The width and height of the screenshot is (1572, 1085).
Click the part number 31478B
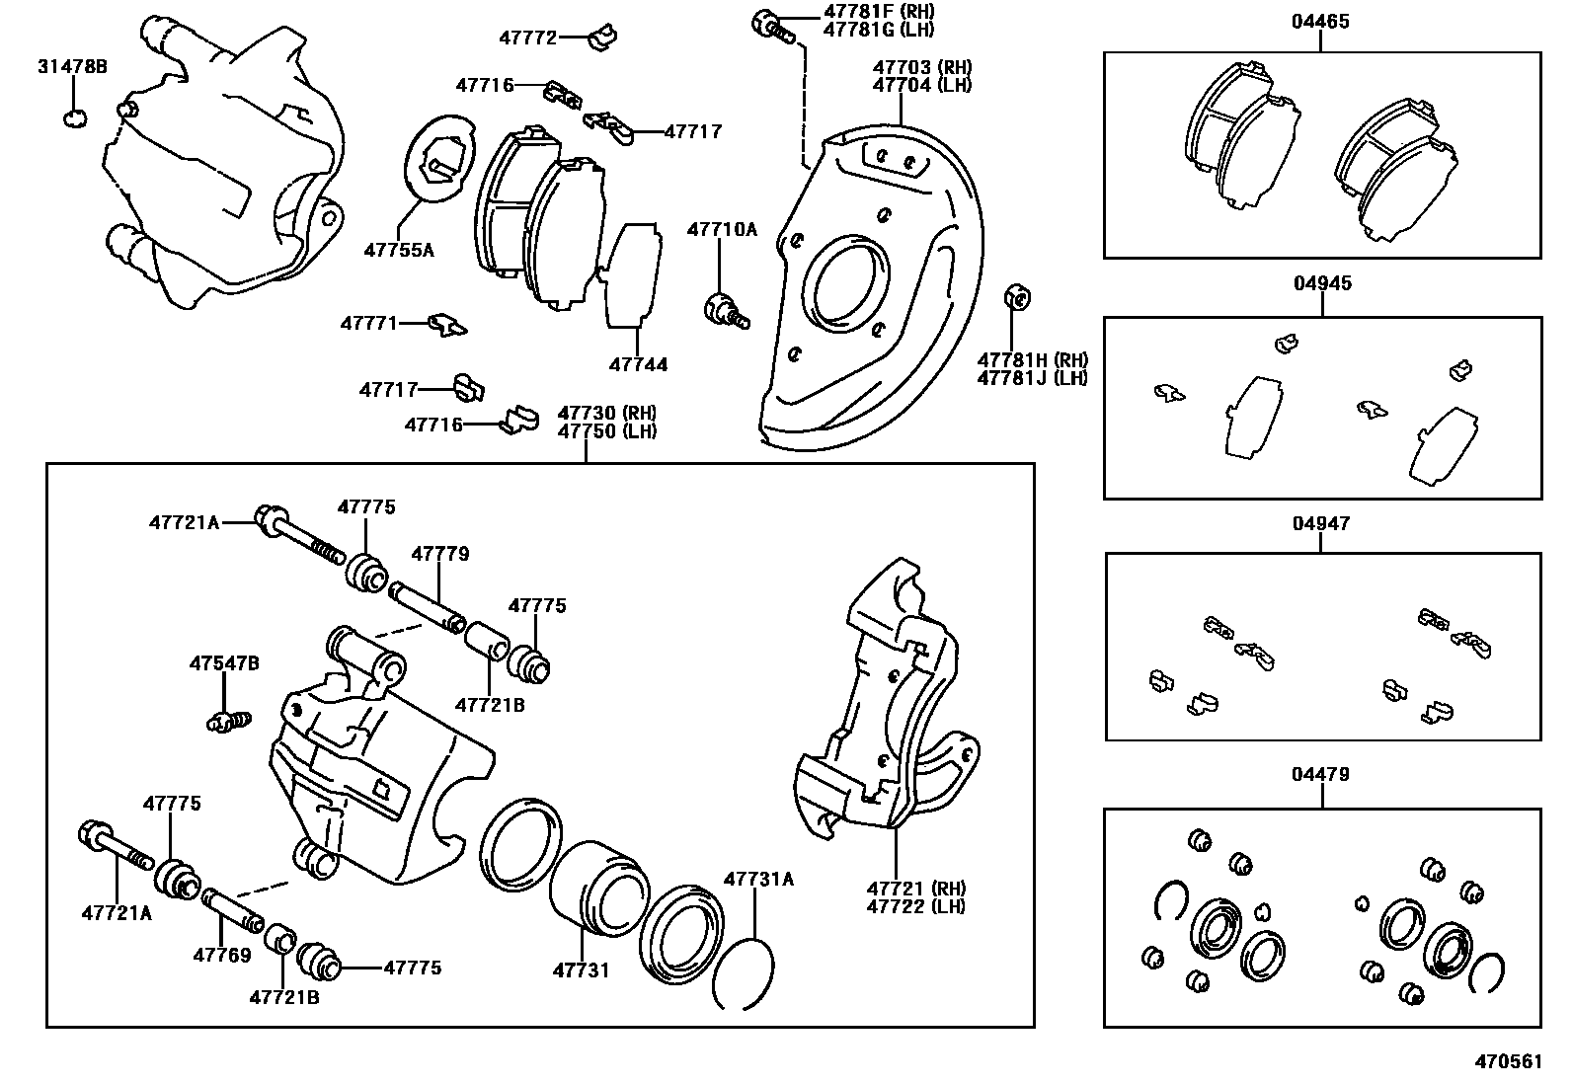click(72, 67)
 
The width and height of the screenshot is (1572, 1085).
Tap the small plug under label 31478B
click(74, 118)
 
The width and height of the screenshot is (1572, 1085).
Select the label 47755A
click(398, 250)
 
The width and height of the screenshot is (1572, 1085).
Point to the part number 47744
click(638, 364)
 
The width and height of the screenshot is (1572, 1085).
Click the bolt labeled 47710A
click(724, 308)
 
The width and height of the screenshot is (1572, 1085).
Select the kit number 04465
click(1320, 22)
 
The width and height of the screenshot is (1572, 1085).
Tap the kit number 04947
click(1320, 523)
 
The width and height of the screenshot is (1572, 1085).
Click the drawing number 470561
click(1508, 1061)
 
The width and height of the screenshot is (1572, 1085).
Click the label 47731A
click(758, 879)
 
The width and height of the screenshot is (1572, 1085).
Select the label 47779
click(440, 554)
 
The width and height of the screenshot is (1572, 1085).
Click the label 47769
click(222, 955)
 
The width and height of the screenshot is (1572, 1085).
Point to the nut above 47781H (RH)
click(1017, 296)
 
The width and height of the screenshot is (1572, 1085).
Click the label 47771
click(369, 323)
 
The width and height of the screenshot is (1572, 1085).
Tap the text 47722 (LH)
click(915, 906)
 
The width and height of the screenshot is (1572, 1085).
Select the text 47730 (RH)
click(606, 413)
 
